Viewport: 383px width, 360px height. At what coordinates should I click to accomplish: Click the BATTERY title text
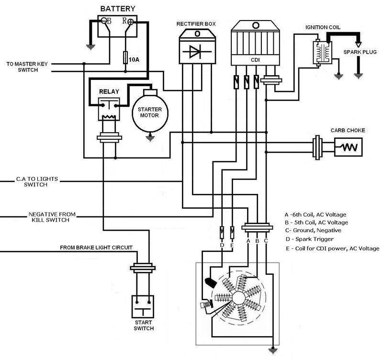[117, 9]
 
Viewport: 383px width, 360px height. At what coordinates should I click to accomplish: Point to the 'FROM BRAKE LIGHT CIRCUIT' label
[96, 248]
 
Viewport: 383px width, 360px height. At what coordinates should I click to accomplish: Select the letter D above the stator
[222, 245]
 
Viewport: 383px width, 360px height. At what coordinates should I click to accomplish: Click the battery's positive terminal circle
[131, 22]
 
